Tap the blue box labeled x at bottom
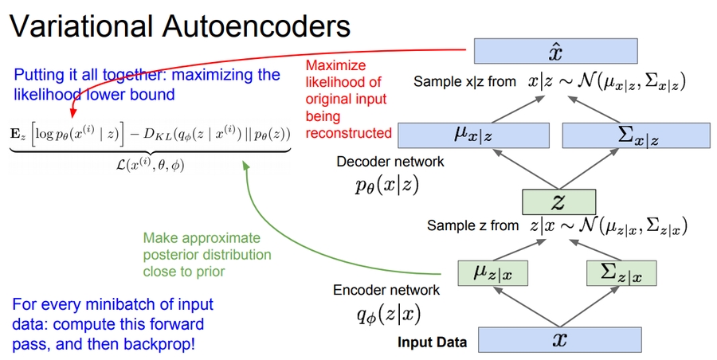[559, 340]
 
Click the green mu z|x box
[493, 273]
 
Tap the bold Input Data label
[432, 342]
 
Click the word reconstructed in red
[349, 132]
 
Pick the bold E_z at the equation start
[18, 132]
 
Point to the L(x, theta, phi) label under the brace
[149, 164]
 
